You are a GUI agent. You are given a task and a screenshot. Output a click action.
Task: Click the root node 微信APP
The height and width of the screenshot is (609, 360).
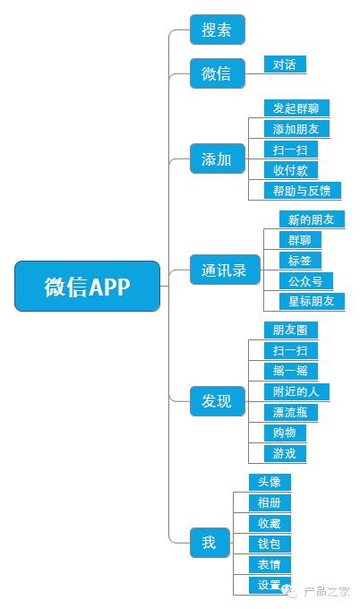coord(88,287)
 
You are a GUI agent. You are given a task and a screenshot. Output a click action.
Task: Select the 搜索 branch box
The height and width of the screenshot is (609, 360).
coord(217,30)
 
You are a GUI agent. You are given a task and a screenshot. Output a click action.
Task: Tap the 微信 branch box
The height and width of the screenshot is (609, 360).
coord(217,73)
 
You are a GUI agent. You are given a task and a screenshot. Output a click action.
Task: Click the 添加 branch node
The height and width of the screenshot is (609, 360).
coord(217,159)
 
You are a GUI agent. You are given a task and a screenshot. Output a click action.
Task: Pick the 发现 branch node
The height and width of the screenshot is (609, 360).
coord(217,401)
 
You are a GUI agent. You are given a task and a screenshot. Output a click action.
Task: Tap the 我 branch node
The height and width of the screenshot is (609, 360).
coord(209,542)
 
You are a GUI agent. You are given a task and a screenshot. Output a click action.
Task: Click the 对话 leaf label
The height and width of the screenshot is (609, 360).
coord(285,64)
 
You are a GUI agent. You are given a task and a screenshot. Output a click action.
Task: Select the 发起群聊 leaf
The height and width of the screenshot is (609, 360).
coord(296,108)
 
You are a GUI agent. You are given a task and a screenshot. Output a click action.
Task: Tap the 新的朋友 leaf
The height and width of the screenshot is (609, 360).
coord(312,219)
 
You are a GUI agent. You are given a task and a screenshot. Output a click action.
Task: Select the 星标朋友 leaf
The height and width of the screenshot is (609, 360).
coord(312,301)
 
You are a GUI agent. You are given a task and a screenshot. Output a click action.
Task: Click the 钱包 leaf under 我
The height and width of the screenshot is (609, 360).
coord(270,544)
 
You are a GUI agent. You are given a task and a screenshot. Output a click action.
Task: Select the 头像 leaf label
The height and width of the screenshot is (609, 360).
coord(270,482)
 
